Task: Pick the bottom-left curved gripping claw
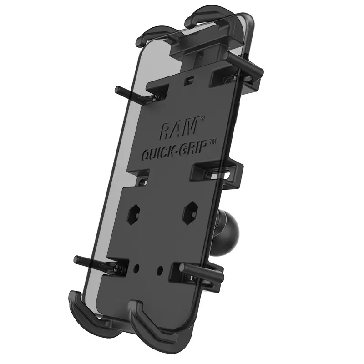(x=82, y=309)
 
